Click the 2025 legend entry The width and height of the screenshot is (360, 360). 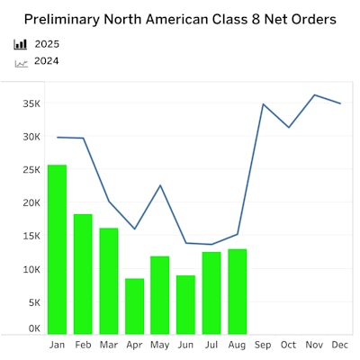[46, 44]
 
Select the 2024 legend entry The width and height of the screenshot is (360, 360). [46, 62]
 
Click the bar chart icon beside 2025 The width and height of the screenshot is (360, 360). [21, 44]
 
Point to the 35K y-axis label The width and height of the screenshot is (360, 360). [31, 103]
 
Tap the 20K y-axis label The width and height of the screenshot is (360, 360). [31, 203]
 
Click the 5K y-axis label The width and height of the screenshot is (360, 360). [33, 302]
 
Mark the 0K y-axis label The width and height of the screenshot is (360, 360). [33, 329]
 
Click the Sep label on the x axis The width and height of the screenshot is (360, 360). [263, 345]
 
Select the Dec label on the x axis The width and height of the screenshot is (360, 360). [340, 345]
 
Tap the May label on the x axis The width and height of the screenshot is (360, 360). [159, 346]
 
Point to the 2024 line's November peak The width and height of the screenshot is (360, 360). [314, 94]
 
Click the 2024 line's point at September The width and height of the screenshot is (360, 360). [263, 104]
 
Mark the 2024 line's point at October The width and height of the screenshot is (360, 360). [288, 127]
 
